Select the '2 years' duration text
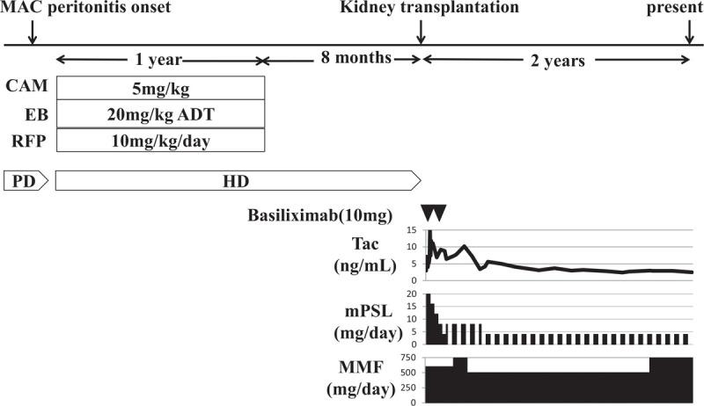555,61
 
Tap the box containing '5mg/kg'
160,87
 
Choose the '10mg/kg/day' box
160,140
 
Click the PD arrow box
27,180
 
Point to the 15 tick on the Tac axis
412,231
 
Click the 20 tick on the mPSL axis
412,294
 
